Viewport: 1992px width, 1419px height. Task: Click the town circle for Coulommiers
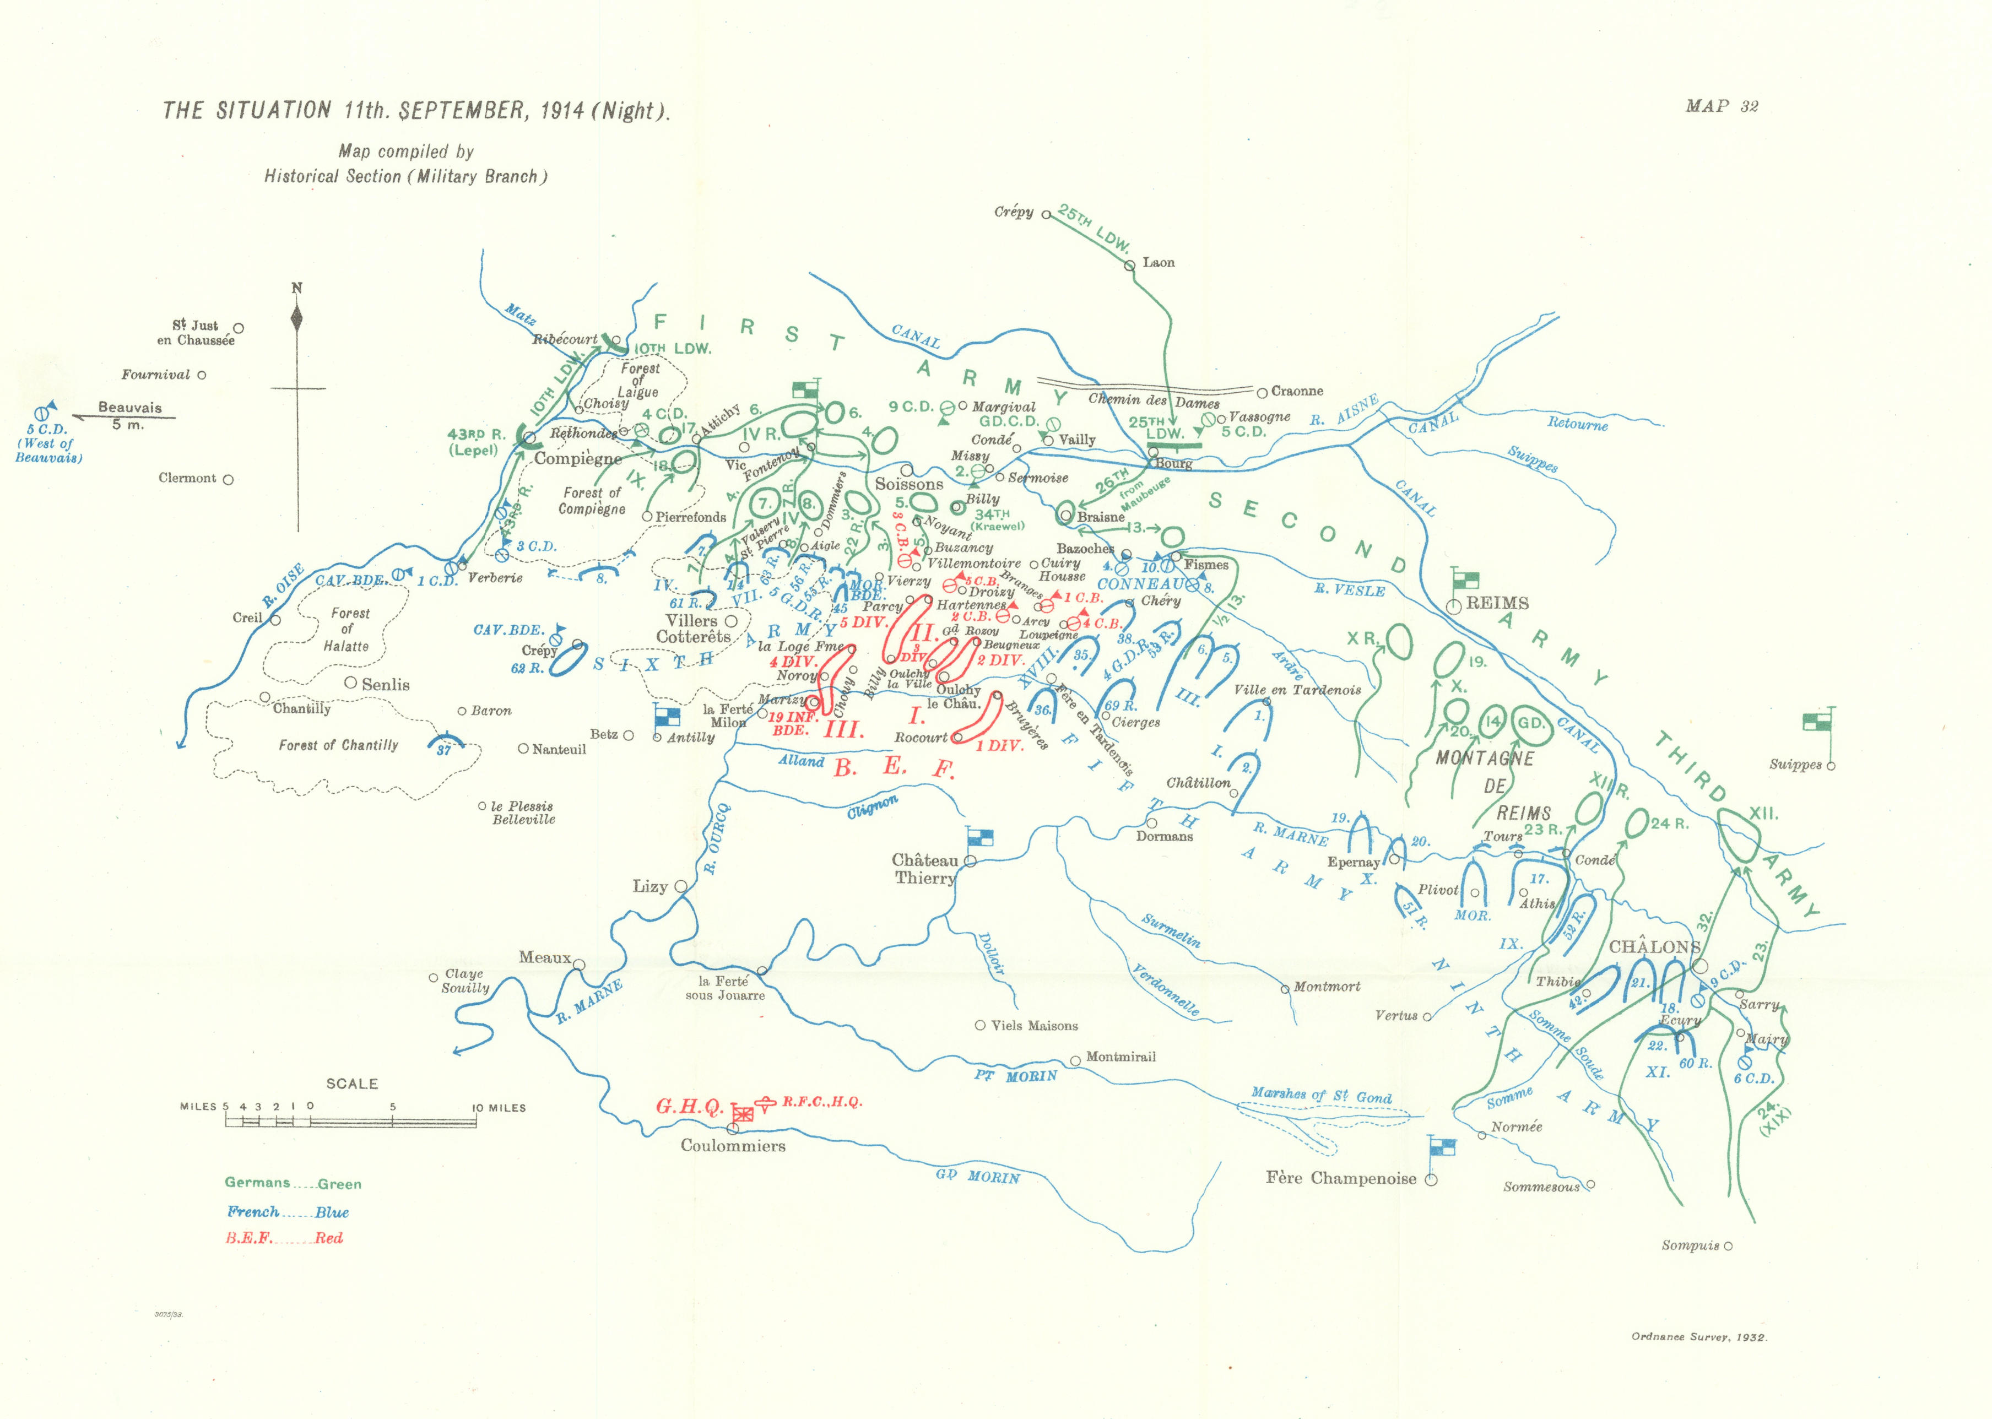[732, 1129]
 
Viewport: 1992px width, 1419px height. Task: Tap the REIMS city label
[1497, 603]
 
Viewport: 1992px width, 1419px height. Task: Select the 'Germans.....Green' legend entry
[293, 1183]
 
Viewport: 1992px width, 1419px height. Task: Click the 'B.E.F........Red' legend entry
[284, 1238]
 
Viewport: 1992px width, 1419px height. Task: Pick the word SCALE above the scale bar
[352, 1084]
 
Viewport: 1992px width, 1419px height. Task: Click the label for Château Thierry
[924, 869]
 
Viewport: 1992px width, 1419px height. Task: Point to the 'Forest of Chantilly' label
[338, 745]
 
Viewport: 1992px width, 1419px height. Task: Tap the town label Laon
[1159, 262]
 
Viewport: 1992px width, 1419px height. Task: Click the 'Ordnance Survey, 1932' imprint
[1698, 1337]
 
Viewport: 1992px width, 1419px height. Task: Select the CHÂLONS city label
[1654, 947]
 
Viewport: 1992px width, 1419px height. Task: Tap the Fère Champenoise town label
[1340, 1178]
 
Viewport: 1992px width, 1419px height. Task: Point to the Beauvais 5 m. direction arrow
[122, 418]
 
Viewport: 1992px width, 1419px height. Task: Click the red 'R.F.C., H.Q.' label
[821, 1102]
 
